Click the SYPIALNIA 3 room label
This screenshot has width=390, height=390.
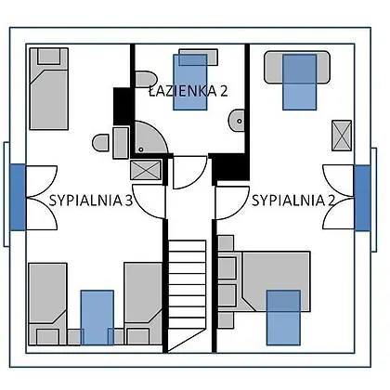pyautogui.click(x=91, y=201)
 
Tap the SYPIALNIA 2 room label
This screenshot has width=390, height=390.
pyautogui.click(x=293, y=201)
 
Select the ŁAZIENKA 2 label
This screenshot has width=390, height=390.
pyautogui.click(x=188, y=91)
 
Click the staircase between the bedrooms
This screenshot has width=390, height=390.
pyautogui.click(x=187, y=296)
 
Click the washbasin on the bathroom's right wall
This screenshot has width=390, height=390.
pyautogui.click(x=237, y=121)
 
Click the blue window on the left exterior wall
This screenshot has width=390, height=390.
pyautogui.click(x=18, y=197)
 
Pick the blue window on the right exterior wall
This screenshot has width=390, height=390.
pyautogui.click(x=362, y=198)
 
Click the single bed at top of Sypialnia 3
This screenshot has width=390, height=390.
pyautogui.click(x=49, y=88)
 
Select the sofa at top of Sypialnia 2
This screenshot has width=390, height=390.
pyautogui.click(x=297, y=67)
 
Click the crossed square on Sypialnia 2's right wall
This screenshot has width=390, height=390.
pyautogui.click(x=342, y=136)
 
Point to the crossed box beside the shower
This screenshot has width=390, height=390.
pyautogui.click(x=146, y=170)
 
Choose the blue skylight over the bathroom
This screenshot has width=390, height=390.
pyautogui.click(x=190, y=82)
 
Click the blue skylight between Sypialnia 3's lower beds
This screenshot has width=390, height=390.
pyautogui.click(x=97, y=318)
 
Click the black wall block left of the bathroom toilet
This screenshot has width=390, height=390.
pyautogui.click(x=123, y=106)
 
